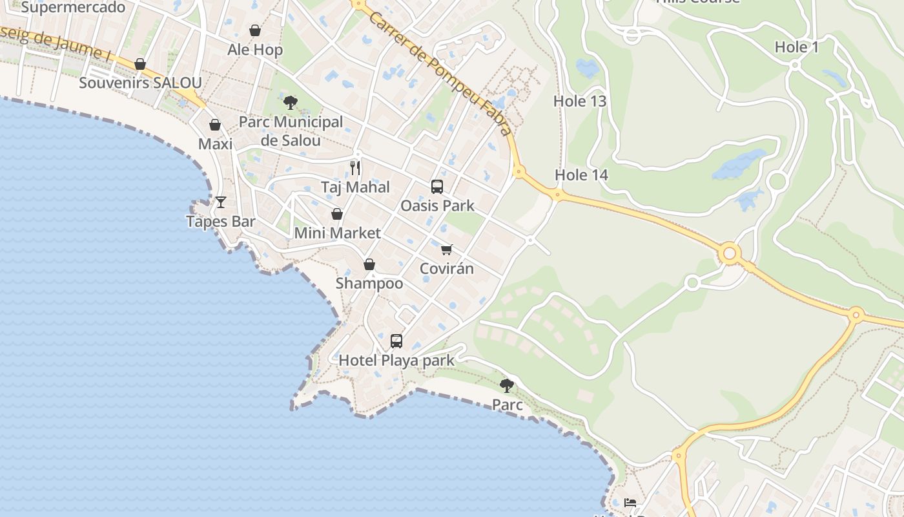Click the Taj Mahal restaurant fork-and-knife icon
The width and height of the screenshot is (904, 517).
[355, 168]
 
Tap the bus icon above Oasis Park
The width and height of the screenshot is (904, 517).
[437, 187]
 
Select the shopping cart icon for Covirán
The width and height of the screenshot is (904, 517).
[447, 249]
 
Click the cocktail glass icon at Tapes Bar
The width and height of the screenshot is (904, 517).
[221, 202]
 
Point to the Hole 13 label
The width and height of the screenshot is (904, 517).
[580, 101]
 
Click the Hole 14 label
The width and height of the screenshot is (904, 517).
[581, 174]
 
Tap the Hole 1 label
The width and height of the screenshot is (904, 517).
[796, 47]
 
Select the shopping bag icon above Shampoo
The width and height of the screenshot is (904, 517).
[369, 264]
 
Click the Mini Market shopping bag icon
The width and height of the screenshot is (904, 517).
[337, 214]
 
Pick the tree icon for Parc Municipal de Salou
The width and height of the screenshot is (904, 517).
[291, 102]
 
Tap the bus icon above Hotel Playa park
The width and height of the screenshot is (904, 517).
[396, 341]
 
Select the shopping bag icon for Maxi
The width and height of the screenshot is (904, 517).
[215, 125]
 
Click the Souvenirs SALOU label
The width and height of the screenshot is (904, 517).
[140, 83]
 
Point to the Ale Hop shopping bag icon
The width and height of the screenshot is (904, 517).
[255, 30]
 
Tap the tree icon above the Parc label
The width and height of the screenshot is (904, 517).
[507, 386]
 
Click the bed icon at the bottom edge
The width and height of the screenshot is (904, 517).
[630, 503]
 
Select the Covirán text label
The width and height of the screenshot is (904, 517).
[447, 268]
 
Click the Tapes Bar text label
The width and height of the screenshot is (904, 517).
[221, 221]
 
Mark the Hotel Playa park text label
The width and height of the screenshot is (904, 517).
[396, 360]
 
